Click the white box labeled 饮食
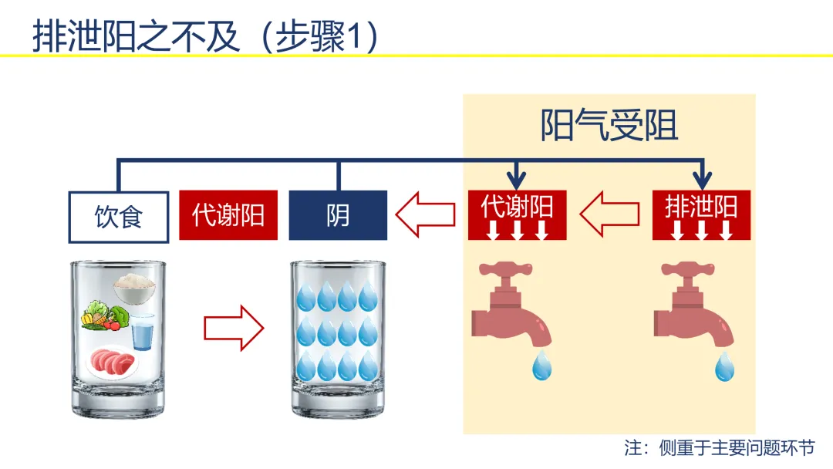coord(119,217)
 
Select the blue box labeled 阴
coord(338,215)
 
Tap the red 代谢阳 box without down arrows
coord(228,215)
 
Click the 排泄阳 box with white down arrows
coord(701,215)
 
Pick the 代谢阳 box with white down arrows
coord(517,215)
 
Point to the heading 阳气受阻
coord(609,126)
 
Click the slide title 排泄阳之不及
coord(136,36)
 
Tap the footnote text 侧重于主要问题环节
coord(737,447)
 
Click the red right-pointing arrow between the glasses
coord(234,329)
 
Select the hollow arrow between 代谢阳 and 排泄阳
coord(609,214)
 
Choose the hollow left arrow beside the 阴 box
coord(425,214)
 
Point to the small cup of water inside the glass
coord(143,332)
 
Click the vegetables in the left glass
coord(105,315)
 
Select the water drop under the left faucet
coord(542,365)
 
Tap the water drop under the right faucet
coord(724,365)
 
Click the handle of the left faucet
coord(505,269)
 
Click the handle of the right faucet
coord(687,269)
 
